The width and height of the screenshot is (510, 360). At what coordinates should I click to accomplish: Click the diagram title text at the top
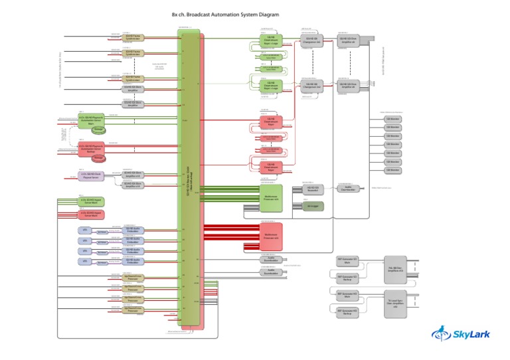tap(225, 15)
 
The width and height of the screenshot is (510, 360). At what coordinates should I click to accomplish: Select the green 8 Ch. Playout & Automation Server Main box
tap(90, 120)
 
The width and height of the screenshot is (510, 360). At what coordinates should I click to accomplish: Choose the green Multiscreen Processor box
tap(270, 197)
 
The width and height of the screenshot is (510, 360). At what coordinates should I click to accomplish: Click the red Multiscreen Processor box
tap(270, 235)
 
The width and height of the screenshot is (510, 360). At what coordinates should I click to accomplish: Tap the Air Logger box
tap(313, 206)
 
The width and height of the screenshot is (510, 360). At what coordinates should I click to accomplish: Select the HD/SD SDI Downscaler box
tap(313, 189)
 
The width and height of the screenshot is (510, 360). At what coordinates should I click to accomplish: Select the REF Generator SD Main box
tap(348, 261)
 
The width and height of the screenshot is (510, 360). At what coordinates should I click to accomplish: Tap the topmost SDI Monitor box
tap(394, 119)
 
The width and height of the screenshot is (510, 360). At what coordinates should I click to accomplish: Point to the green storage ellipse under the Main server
tap(98, 130)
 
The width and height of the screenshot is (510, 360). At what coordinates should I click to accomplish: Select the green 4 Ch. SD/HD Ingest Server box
tap(90, 200)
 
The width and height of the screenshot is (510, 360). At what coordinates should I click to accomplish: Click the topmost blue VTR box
tap(84, 230)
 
